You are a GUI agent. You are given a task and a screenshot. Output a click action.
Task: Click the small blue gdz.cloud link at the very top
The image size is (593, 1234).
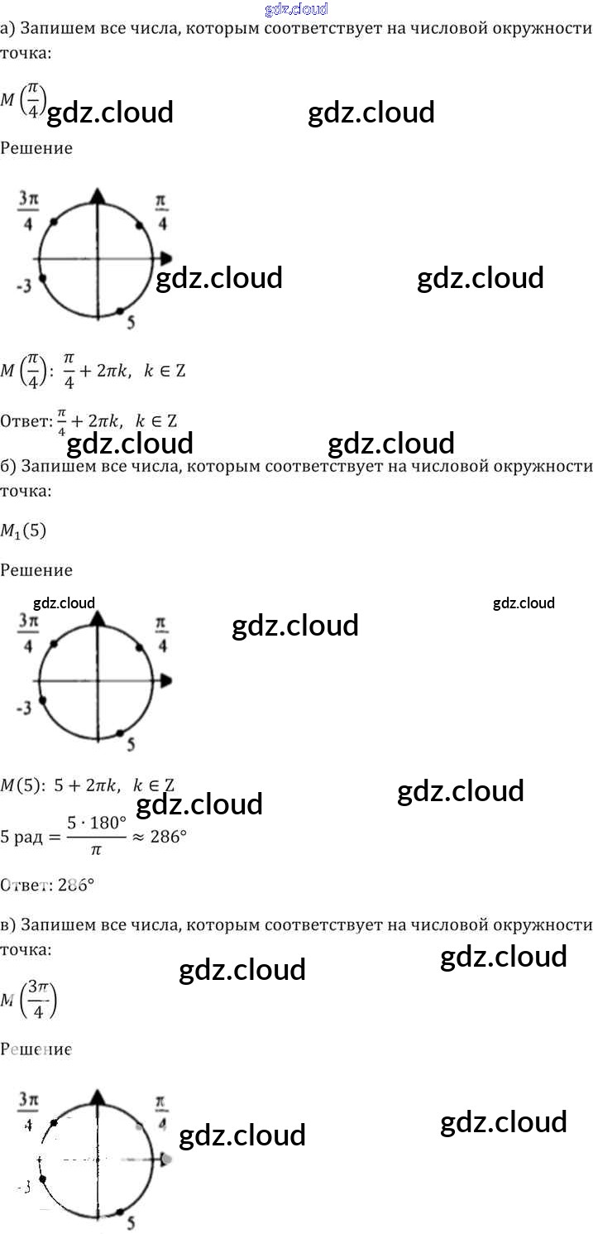pyautogui.click(x=297, y=9)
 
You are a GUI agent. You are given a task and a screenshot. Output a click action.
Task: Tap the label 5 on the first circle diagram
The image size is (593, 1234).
pyautogui.click(x=131, y=323)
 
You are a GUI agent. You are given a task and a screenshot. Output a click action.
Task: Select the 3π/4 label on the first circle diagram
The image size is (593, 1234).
pyautogui.click(x=28, y=211)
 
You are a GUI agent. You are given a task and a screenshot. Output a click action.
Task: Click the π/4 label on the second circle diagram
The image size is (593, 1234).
pyautogui.click(x=161, y=633)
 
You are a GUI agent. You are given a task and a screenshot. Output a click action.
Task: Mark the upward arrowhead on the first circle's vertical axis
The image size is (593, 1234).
pyautogui.click(x=98, y=195)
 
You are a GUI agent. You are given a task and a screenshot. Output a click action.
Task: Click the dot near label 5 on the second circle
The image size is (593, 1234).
pyautogui.click(x=121, y=732)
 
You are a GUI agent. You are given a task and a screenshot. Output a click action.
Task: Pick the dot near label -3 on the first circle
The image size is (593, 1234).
pyautogui.click(x=42, y=279)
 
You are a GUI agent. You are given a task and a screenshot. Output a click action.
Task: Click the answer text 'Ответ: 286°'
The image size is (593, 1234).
pyautogui.click(x=47, y=885)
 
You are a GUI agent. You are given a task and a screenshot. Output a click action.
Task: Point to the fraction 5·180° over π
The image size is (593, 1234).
pyautogui.click(x=98, y=837)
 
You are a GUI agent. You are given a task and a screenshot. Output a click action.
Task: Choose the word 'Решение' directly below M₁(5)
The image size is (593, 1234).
pyautogui.click(x=36, y=570)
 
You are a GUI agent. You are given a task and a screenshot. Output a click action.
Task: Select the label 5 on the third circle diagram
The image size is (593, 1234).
pyautogui.click(x=131, y=1222)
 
